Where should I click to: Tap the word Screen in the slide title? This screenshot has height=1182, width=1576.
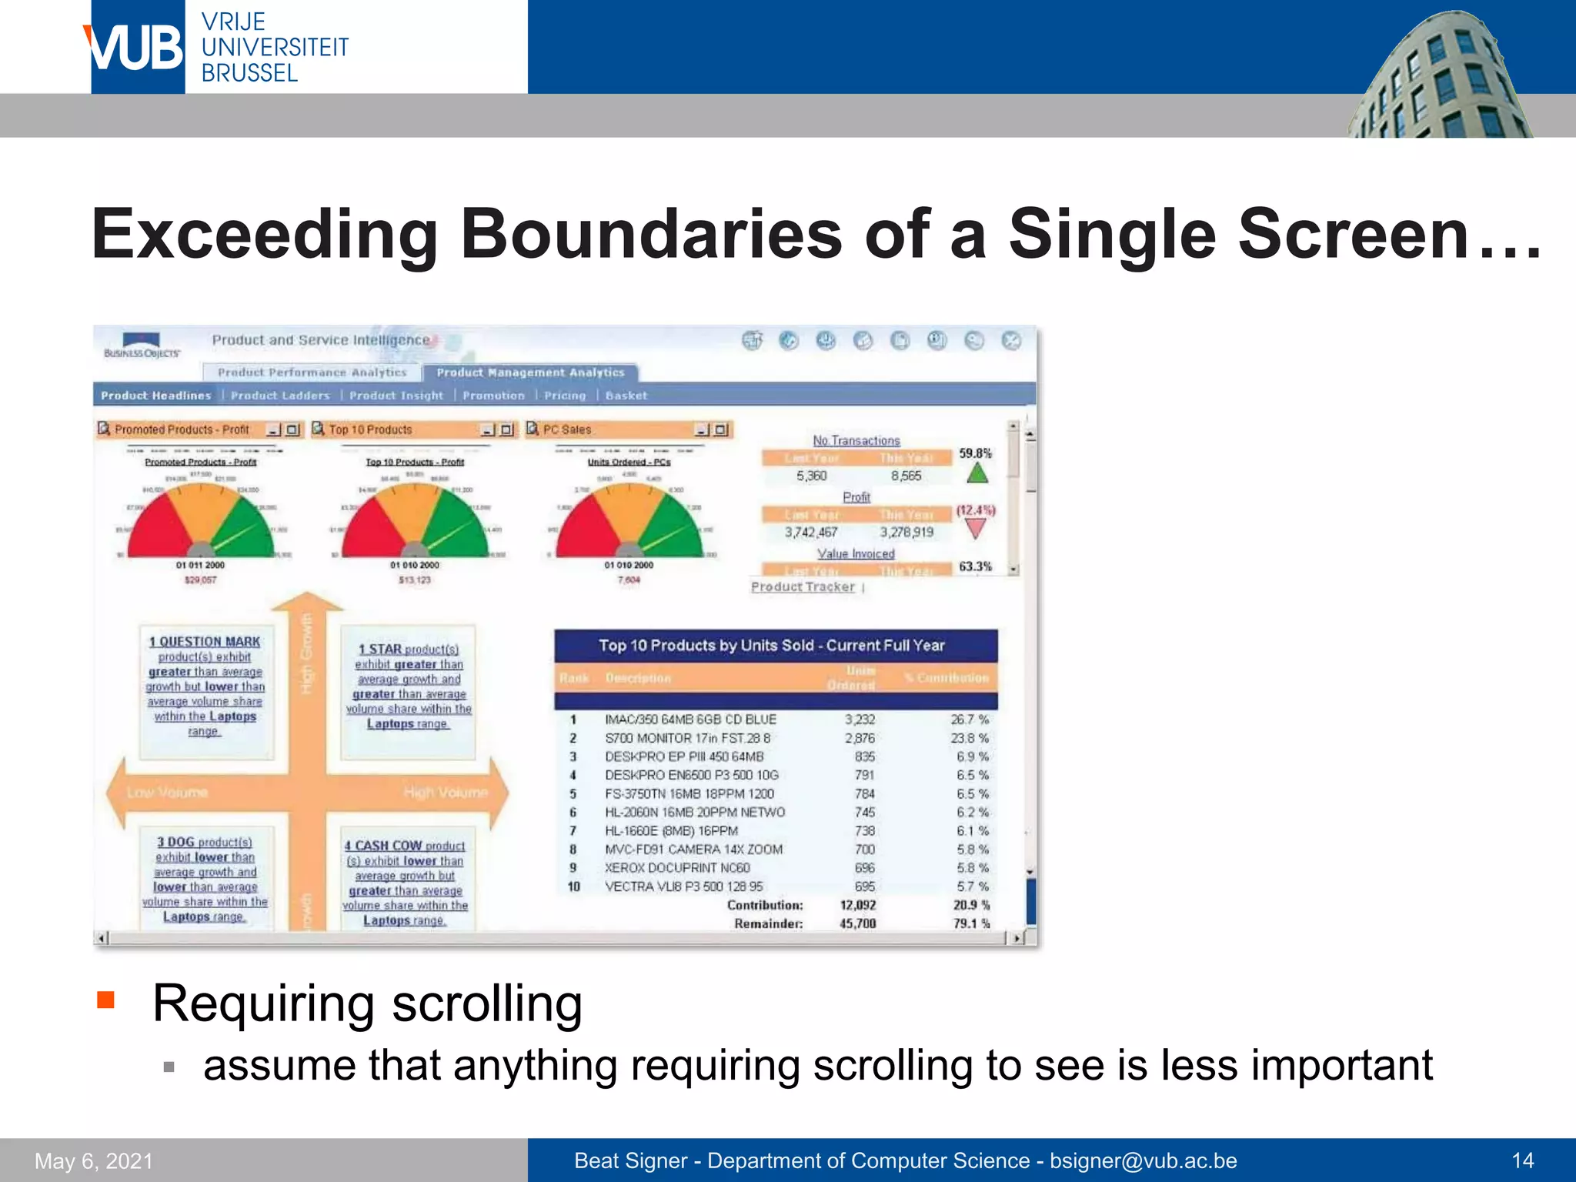coord(1354,234)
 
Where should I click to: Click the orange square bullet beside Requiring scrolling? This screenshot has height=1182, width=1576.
coord(105,1000)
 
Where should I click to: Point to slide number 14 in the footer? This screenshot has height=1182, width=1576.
coord(1522,1160)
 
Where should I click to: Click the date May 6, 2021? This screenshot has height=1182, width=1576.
coord(94,1160)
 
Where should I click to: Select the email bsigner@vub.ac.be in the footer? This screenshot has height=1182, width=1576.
coord(1144,1160)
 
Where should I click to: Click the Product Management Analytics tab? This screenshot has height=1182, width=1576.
coord(530,372)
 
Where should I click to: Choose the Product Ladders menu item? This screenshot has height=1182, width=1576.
coord(280,396)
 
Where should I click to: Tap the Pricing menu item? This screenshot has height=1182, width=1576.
coord(565,396)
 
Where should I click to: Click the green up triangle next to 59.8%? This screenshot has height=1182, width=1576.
coord(977,473)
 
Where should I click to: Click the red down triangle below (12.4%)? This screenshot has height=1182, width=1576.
coord(976,529)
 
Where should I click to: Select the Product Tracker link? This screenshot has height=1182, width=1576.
coord(803,587)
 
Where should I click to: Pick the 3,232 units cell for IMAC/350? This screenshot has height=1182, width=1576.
coord(860,720)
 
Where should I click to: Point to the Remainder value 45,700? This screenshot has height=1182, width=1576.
coord(857,923)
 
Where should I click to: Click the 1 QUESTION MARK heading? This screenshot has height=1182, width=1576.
coord(205,642)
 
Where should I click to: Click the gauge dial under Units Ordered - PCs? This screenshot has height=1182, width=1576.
coord(629,523)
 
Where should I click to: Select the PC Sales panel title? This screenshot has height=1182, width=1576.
coord(567,429)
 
